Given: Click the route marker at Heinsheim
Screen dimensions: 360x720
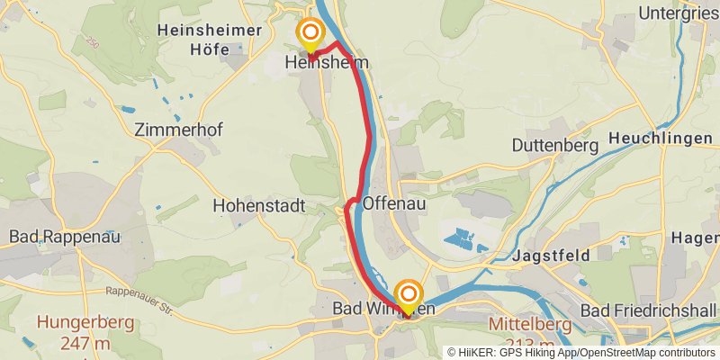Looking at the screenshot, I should [310, 35].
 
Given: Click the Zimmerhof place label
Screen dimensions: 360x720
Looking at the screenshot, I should [177, 129].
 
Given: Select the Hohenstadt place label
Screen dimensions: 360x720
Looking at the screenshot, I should [259, 206].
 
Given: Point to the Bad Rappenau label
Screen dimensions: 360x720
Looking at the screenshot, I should [65, 237].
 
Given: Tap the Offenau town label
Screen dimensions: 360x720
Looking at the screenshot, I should [394, 204].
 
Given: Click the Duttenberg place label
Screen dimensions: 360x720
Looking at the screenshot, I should [555, 145].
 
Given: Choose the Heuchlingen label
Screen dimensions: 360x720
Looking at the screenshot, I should [661, 139].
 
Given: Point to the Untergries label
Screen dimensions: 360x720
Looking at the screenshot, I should [677, 13].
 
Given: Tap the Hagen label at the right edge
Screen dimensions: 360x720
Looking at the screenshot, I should [696, 238].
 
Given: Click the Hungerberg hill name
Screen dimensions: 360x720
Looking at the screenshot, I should [85, 322].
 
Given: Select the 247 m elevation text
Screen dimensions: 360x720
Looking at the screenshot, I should [85, 343].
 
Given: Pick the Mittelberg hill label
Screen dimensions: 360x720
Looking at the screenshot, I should [531, 324].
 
